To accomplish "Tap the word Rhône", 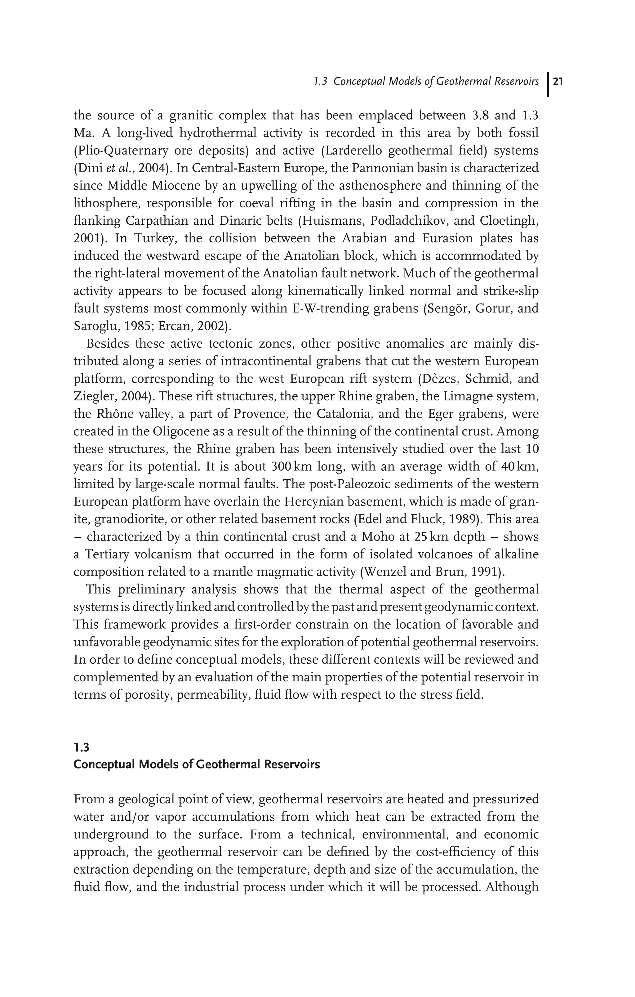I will pos(118,414).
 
